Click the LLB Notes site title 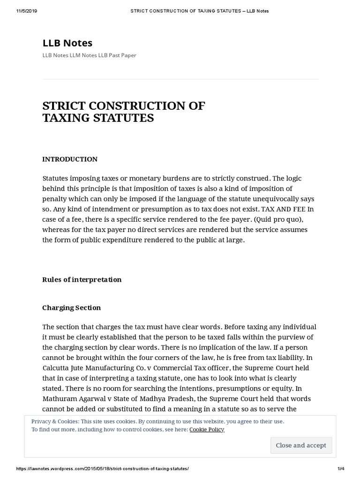pyautogui.click(x=67, y=43)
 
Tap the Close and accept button pyautogui.click(x=301, y=445)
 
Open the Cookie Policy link pyautogui.click(x=207, y=429)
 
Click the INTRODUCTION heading pyautogui.click(x=70, y=159)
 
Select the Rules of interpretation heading pyautogui.click(x=82, y=279)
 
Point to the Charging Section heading pyautogui.click(x=72, y=307)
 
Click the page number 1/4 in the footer pyautogui.click(x=341, y=469)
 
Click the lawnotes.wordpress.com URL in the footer pyautogui.click(x=103, y=469)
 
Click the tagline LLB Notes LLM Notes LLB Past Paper pyautogui.click(x=89, y=55)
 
